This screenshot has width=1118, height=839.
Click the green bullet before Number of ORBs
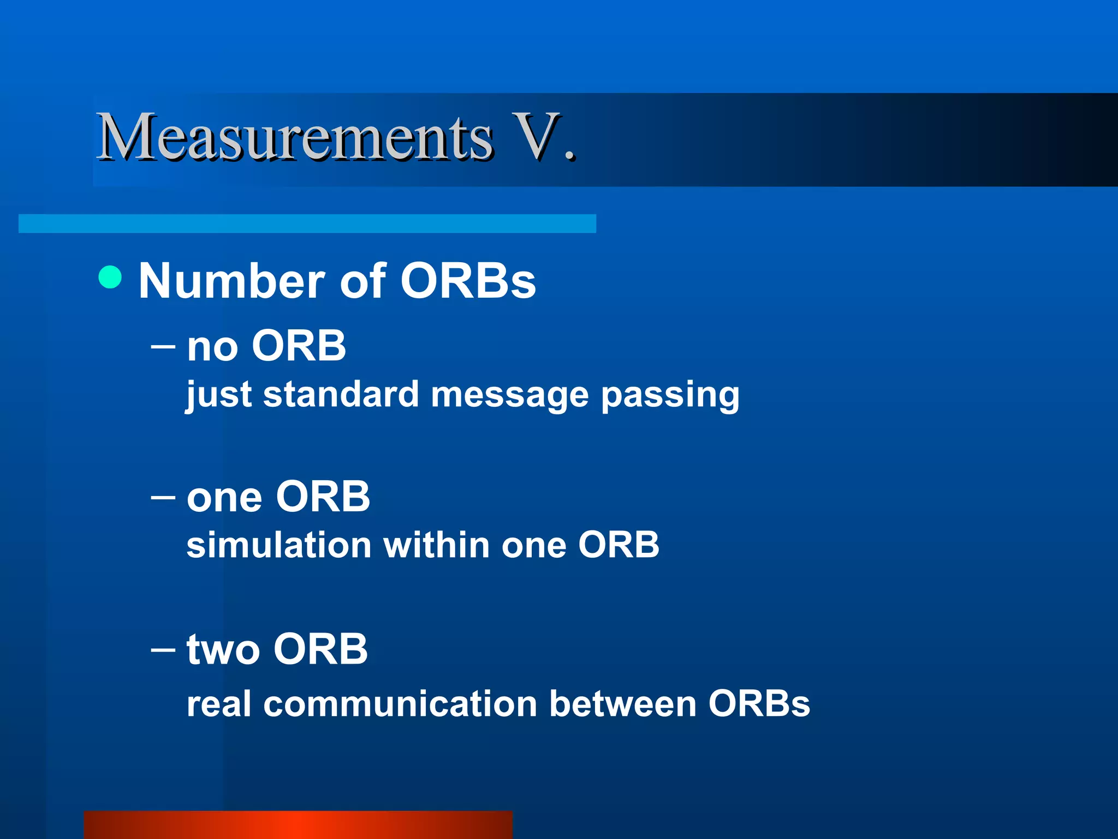tap(110, 277)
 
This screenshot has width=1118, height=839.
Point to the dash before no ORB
tap(163, 346)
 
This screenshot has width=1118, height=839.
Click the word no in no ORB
tap(212, 347)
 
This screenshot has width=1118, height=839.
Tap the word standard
tap(341, 394)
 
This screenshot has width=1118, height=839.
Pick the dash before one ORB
tap(163, 497)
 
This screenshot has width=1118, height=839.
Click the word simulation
tap(279, 545)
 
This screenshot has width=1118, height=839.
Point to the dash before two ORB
tap(163, 649)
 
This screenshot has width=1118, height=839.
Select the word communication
tap(400, 704)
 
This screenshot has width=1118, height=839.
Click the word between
tap(623, 704)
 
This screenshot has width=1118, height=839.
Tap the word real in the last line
tap(219, 704)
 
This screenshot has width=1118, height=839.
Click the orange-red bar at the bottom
tap(298, 825)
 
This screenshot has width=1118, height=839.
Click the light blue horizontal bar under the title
tap(307, 223)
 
